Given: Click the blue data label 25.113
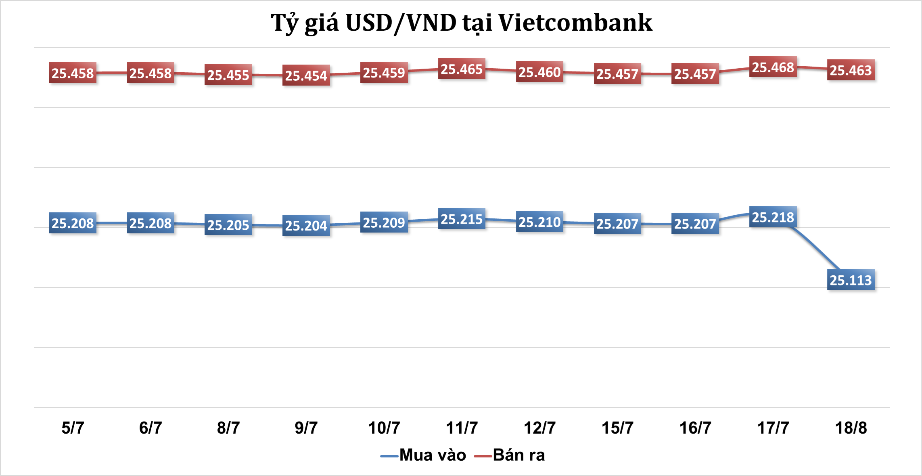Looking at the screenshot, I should (851, 280).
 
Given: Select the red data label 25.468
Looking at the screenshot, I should (773, 67).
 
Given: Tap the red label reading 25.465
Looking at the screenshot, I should (462, 69).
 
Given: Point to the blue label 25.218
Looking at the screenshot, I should (773, 217).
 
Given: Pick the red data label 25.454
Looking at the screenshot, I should (306, 75).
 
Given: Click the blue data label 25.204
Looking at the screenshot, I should (306, 225).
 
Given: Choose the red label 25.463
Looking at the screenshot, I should (851, 70).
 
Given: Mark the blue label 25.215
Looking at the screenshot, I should (462, 219).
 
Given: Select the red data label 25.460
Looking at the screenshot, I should (539, 72).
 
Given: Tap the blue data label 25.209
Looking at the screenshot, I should (384, 222).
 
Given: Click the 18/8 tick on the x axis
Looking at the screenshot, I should (851, 428).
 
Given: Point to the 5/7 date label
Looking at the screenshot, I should (73, 428).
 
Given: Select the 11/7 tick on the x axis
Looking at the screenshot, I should (462, 428).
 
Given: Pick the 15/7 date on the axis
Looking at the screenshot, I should (617, 428).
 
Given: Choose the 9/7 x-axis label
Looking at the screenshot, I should (306, 428).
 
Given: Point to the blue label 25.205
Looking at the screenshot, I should (228, 225).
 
